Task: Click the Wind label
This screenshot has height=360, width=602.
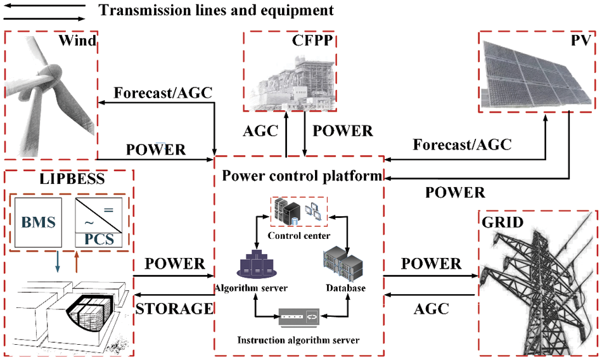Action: pos(77,42)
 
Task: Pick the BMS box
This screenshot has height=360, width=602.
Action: pos(40,222)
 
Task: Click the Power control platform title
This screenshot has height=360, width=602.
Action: pos(300,174)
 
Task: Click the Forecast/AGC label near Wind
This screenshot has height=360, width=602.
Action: pos(162,92)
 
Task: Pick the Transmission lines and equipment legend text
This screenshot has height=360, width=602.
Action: pos(216,10)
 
